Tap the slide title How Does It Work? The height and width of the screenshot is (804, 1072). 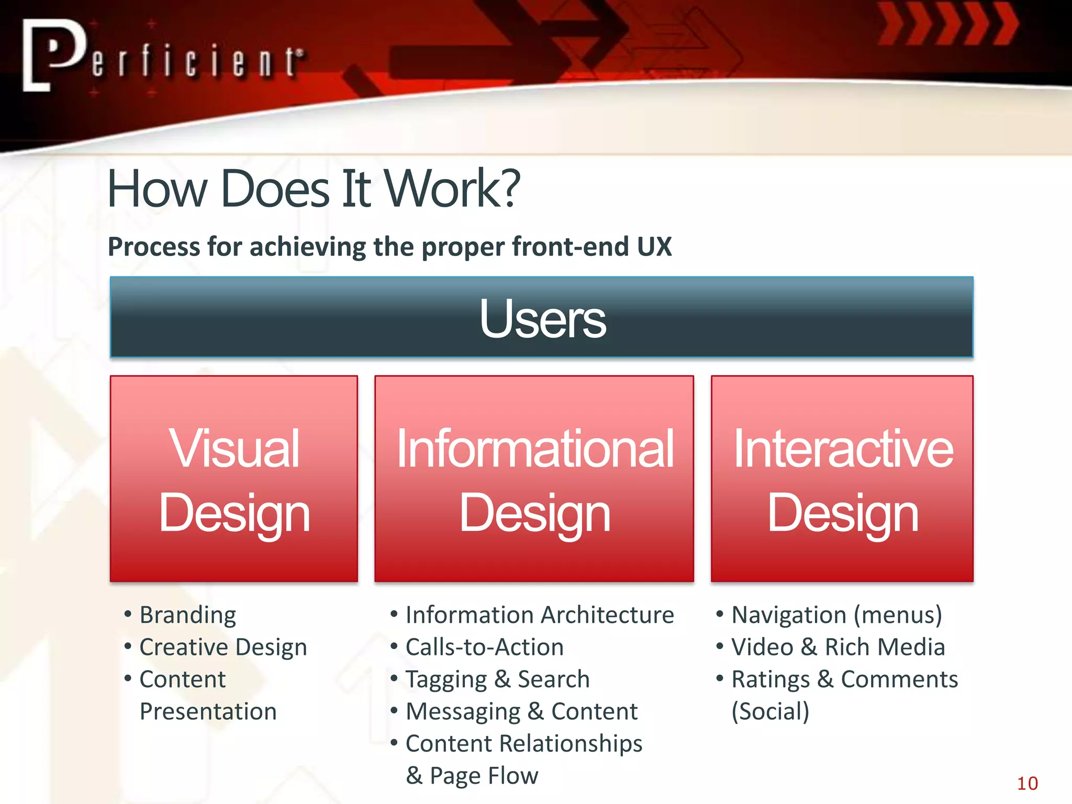point(313,188)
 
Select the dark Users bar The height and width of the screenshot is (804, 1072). point(541,317)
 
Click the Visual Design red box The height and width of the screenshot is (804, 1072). point(234,478)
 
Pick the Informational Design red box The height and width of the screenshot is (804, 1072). point(534,478)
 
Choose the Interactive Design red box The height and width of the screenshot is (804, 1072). point(842,478)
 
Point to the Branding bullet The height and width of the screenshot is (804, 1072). point(187,615)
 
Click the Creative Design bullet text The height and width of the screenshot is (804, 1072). point(223,647)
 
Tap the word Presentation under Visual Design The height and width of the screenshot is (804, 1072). point(208,711)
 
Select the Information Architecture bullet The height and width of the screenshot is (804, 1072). point(539,615)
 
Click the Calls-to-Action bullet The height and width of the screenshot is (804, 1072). point(484,647)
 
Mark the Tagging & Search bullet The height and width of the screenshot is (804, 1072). point(497,679)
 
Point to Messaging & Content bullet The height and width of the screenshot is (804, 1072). point(521,711)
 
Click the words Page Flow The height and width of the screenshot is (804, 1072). point(484,776)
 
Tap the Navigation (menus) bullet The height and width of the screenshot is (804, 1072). point(836,615)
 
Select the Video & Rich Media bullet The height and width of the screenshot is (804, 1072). point(837,647)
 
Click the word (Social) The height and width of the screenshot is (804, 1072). point(770,711)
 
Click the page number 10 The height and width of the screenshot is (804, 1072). point(1027,784)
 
